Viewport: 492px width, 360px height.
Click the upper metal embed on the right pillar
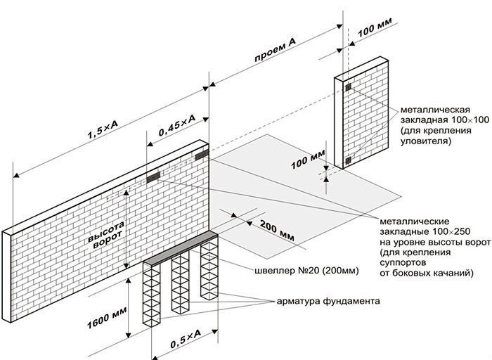pyautogui.click(x=348, y=88)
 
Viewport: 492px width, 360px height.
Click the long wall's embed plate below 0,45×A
pyautogui.click(x=153, y=178)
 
